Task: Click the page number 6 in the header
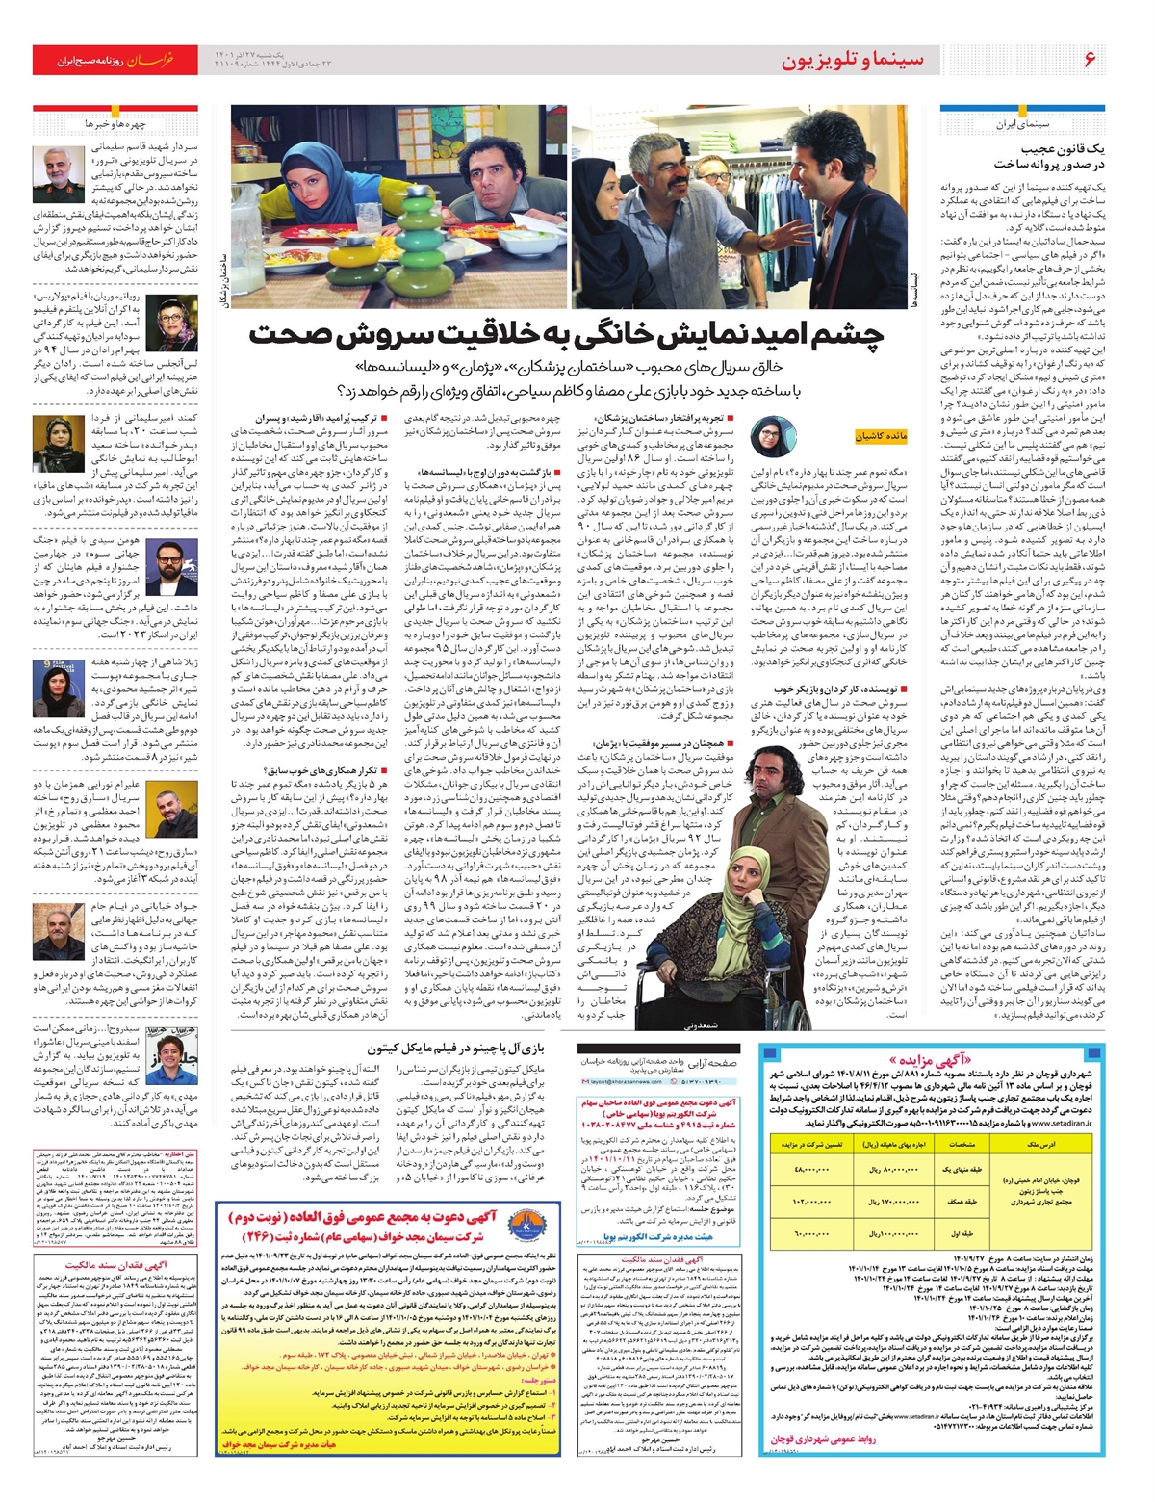coord(1089,60)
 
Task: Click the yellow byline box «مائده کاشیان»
coord(881,436)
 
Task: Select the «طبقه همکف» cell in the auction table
coord(963,1202)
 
